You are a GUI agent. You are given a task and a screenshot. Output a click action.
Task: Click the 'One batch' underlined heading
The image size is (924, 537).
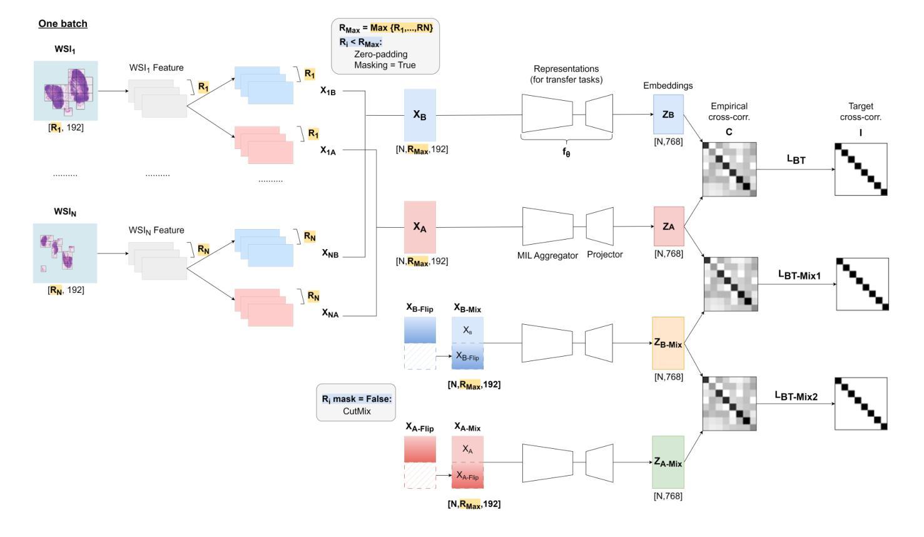pos(63,24)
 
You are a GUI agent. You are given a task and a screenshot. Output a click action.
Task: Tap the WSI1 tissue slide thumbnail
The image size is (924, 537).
pos(66,91)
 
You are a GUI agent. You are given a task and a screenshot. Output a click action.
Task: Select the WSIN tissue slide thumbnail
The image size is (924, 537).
pos(65,253)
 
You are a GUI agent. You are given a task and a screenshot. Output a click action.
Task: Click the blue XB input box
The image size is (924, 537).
pos(420,115)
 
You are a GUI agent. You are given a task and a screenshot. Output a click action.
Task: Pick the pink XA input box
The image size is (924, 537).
pos(420,227)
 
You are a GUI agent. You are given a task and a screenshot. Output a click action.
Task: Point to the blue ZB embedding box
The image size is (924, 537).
pos(668,115)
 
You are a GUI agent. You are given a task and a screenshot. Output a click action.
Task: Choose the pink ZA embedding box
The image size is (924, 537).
pos(669,226)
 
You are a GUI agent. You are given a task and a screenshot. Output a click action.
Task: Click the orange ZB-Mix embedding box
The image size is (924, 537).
pos(668,343)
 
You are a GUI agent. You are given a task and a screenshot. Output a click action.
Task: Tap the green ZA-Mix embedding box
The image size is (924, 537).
pos(668,463)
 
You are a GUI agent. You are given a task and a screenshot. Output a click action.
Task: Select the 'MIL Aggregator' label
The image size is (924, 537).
pos(547,255)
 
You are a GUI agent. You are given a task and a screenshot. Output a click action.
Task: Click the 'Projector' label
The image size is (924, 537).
pos(605,254)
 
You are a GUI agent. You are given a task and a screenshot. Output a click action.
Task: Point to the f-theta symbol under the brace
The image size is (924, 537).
pos(566,152)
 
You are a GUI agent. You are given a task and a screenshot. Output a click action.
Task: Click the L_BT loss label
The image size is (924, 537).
pos(796,160)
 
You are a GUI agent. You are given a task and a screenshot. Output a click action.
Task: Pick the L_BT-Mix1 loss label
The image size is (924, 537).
pos(799,275)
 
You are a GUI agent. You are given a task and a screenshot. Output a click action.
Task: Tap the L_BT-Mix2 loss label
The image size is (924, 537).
pos(796,396)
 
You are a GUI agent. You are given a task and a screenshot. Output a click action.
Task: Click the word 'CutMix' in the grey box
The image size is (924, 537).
pos(357,411)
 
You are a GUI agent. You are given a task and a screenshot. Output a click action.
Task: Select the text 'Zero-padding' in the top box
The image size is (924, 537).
pos(381,54)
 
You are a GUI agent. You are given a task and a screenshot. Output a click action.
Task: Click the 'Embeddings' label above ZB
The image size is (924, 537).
pos(668,86)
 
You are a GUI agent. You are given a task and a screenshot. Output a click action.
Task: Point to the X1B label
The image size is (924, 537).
pos(328,91)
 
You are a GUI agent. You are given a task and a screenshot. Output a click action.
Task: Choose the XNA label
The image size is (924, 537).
pos(330,313)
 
